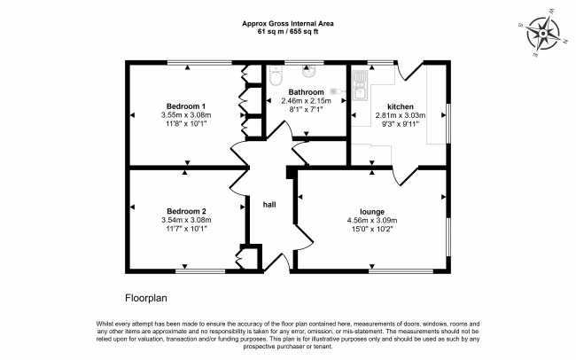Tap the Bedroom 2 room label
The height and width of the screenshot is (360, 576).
(186, 211)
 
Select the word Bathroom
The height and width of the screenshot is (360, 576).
(306, 92)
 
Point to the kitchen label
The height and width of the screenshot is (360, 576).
(401, 106)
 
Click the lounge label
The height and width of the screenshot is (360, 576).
(372, 212)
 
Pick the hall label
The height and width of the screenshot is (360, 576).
(269, 205)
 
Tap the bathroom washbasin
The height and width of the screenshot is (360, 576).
(308, 71)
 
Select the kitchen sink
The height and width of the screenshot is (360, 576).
(361, 86)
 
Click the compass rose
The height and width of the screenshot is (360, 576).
(543, 33)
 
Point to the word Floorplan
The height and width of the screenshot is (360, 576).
(146, 298)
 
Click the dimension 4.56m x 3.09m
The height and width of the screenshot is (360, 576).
(372, 221)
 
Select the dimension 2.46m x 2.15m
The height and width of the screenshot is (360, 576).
(306, 101)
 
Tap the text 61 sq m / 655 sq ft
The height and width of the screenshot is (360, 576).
(288, 32)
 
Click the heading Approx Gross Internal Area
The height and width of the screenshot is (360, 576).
(288, 24)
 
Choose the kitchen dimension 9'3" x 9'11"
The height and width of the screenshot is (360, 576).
(401, 124)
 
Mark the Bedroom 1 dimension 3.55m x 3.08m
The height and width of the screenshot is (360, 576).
(186, 115)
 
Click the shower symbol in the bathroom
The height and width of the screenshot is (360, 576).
(338, 90)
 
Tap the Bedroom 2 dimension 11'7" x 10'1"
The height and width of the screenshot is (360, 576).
(186, 229)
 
